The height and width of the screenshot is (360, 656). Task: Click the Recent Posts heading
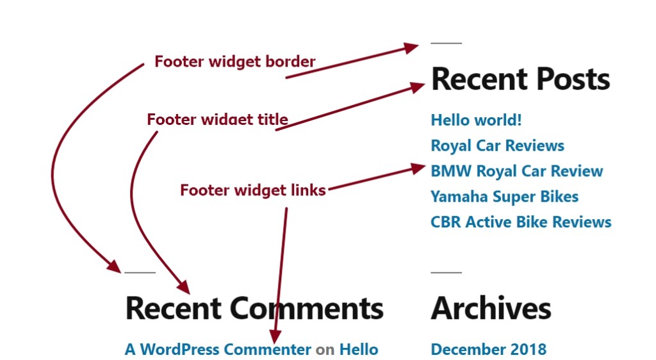[x=520, y=79]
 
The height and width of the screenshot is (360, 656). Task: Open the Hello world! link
[x=476, y=120]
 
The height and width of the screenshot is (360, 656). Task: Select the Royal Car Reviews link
[x=497, y=145]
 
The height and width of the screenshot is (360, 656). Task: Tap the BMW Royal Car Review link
[x=516, y=171]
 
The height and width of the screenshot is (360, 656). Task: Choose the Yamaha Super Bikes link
[x=504, y=197]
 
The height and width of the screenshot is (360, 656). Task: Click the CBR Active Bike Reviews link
[x=521, y=222]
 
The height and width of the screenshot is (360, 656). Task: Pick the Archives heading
[x=491, y=308]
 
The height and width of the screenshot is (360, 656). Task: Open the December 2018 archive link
[x=488, y=349]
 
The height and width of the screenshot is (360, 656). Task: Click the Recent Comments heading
[x=254, y=308]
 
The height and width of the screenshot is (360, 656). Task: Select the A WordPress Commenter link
[x=218, y=349]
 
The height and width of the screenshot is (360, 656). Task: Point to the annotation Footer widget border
[x=234, y=61]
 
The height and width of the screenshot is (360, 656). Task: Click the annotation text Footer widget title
[x=217, y=120]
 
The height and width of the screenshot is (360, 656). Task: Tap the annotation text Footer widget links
[x=252, y=190]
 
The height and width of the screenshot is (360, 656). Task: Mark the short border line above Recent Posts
[x=446, y=43]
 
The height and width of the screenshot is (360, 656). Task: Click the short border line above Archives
[x=446, y=272]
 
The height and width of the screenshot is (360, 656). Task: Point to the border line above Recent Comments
[x=140, y=272]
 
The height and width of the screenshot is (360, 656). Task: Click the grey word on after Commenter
[x=325, y=350]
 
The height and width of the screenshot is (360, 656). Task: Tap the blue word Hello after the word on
[x=358, y=349]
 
